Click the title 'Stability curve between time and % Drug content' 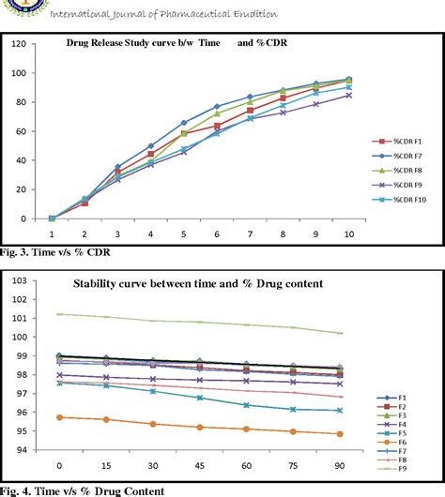pos(199,282)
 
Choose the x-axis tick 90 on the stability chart pos(340,465)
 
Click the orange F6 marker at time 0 pos(59,417)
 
